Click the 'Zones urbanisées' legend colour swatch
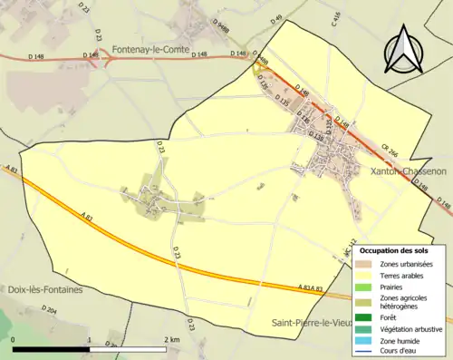(365, 263)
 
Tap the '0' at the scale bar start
(14, 339)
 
